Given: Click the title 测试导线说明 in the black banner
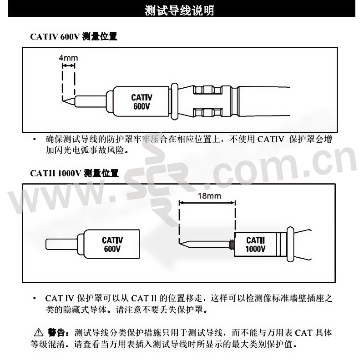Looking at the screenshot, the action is tap(179, 10).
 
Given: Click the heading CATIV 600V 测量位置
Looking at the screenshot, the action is tap(74, 37).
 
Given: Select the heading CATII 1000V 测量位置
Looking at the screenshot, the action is tap(74, 173).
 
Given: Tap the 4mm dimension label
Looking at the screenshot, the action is tap(68, 58).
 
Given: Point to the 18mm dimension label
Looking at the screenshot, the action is tap(209, 196).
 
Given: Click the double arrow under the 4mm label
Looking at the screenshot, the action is tap(69, 66).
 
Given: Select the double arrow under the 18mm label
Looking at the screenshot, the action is tap(207, 203).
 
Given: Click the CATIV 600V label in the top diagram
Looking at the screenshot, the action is tap(142, 102).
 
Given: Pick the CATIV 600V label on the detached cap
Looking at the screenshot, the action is tap(112, 244).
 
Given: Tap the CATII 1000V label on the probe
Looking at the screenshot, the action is tap(255, 245).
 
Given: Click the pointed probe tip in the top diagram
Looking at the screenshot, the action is tap(63, 101).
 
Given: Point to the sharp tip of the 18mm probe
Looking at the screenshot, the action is tap(179, 243).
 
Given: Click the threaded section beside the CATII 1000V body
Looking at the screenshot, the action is tap(232, 244).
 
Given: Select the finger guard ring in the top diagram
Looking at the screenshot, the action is tap(175, 101).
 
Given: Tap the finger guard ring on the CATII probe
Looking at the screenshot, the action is tap(290, 244).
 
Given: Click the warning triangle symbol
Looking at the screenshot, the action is tap(39, 333).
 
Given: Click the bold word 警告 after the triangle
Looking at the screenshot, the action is tap(56, 333).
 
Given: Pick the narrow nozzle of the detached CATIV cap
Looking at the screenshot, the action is tap(62, 244).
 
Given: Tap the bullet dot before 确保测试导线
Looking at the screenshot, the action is tap(35, 140).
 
